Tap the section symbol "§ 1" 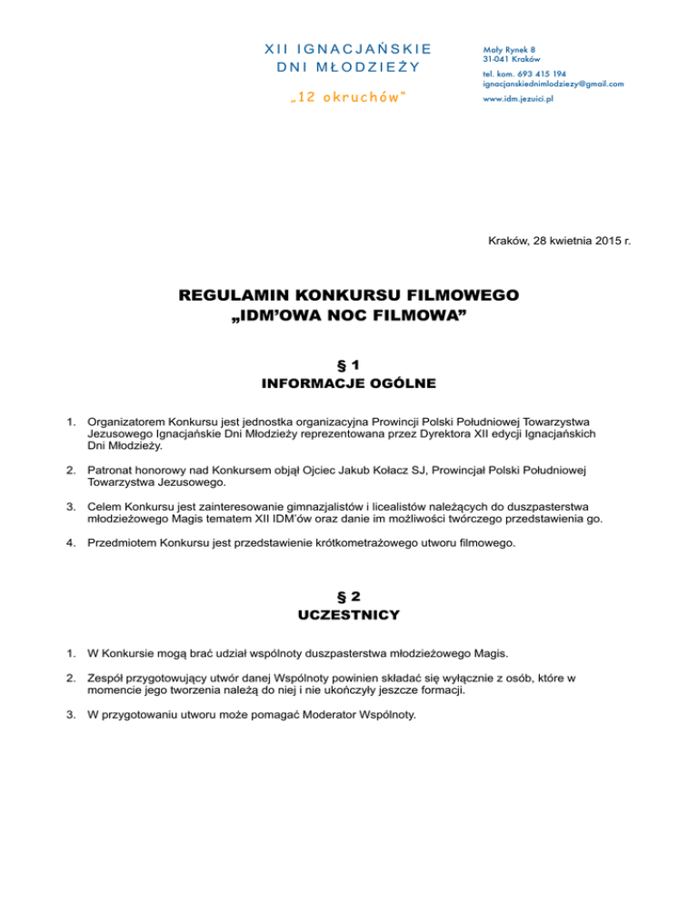pyautogui.click(x=349, y=364)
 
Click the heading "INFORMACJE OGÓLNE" pyautogui.click(x=349, y=384)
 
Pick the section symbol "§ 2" pyautogui.click(x=349, y=596)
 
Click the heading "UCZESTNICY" pyautogui.click(x=349, y=616)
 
